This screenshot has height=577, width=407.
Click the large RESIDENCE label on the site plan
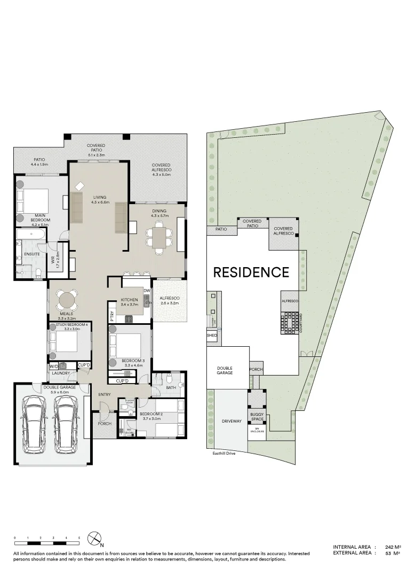251,272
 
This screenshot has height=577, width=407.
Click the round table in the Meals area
67,298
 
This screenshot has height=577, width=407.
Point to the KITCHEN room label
129,300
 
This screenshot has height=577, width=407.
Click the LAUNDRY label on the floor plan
61,373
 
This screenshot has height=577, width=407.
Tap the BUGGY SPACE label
257,417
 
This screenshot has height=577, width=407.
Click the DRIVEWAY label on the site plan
232,421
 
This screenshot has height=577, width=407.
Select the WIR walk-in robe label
53,261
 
